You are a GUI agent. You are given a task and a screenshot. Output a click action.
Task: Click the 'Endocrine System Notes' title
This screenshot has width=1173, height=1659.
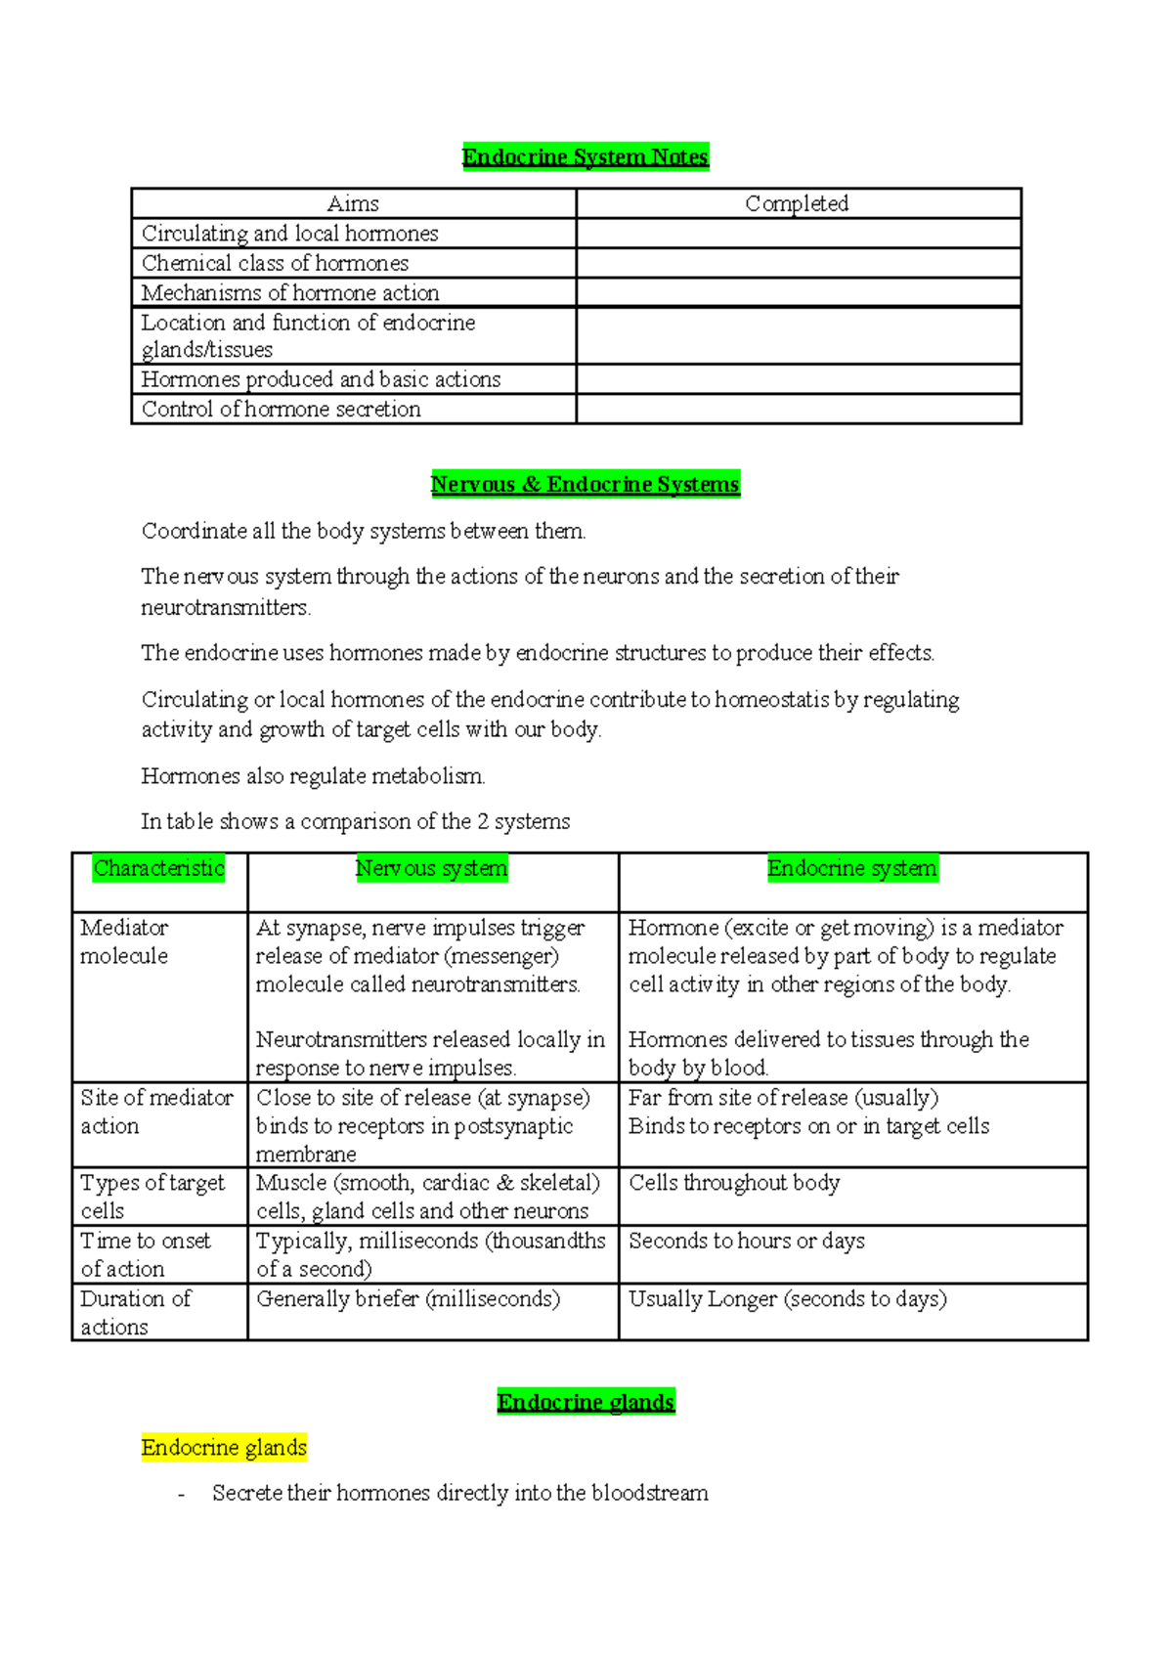(x=585, y=156)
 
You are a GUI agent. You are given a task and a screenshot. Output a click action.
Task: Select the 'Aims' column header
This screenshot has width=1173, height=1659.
(x=353, y=203)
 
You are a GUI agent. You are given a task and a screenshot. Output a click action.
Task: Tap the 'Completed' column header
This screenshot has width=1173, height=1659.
(x=797, y=203)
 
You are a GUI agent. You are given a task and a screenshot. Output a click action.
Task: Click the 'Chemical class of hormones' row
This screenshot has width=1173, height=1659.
(x=275, y=263)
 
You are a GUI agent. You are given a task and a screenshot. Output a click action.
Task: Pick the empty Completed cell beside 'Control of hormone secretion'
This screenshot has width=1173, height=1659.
(x=798, y=409)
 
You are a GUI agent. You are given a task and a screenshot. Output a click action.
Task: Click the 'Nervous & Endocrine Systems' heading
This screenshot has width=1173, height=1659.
(x=585, y=484)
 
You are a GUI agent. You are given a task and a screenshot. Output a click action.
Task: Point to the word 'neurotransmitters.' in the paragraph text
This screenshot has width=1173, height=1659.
(x=226, y=608)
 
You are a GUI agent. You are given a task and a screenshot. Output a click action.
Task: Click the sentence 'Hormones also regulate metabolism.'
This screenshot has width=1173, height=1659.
(x=313, y=776)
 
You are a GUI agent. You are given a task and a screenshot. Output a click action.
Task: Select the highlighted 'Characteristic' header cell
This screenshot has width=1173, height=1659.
(x=159, y=868)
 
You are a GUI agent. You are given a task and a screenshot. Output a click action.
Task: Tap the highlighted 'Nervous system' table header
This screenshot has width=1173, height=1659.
(x=431, y=868)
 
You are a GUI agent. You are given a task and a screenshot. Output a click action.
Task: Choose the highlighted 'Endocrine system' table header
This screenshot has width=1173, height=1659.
(x=851, y=868)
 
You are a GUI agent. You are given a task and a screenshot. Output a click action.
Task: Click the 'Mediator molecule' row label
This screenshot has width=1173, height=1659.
(x=124, y=941)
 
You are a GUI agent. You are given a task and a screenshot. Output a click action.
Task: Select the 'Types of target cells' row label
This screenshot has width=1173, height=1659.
(x=152, y=1197)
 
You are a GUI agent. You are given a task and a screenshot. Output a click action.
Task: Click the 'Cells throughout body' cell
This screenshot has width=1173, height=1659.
(x=734, y=1183)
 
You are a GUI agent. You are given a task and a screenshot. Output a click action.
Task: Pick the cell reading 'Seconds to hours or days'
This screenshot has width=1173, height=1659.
(x=747, y=1241)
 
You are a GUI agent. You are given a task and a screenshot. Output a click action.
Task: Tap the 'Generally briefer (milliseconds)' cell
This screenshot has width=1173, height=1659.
(x=408, y=1299)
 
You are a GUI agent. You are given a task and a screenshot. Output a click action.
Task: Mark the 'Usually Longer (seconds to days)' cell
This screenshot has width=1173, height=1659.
(x=787, y=1299)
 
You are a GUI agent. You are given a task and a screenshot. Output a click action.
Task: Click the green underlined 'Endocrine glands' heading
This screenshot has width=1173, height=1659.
(x=586, y=1402)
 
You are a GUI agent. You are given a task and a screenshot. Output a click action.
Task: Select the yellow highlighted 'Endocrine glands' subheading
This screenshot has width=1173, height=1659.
(x=224, y=1447)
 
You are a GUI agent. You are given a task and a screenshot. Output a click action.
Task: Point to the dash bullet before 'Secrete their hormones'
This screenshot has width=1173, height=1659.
(x=181, y=1495)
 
